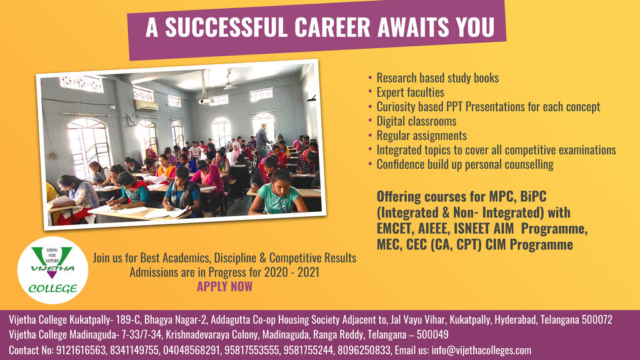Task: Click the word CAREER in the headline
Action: [332, 27]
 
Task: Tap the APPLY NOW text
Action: [224, 286]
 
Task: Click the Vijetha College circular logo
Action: [52, 270]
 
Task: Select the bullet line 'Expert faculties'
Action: [410, 92]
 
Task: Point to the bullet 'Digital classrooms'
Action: [416, 121]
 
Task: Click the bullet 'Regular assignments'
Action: [422, 136]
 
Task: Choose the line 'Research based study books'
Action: [437, 78]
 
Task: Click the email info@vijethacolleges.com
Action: [481, 350]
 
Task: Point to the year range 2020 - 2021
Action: [292, 272]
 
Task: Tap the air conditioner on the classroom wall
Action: [146, 106]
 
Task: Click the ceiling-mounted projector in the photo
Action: [206, 101]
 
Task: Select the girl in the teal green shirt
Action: [278, 193]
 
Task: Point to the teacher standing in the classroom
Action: [262, 141]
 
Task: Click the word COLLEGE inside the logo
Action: [52, 289]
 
